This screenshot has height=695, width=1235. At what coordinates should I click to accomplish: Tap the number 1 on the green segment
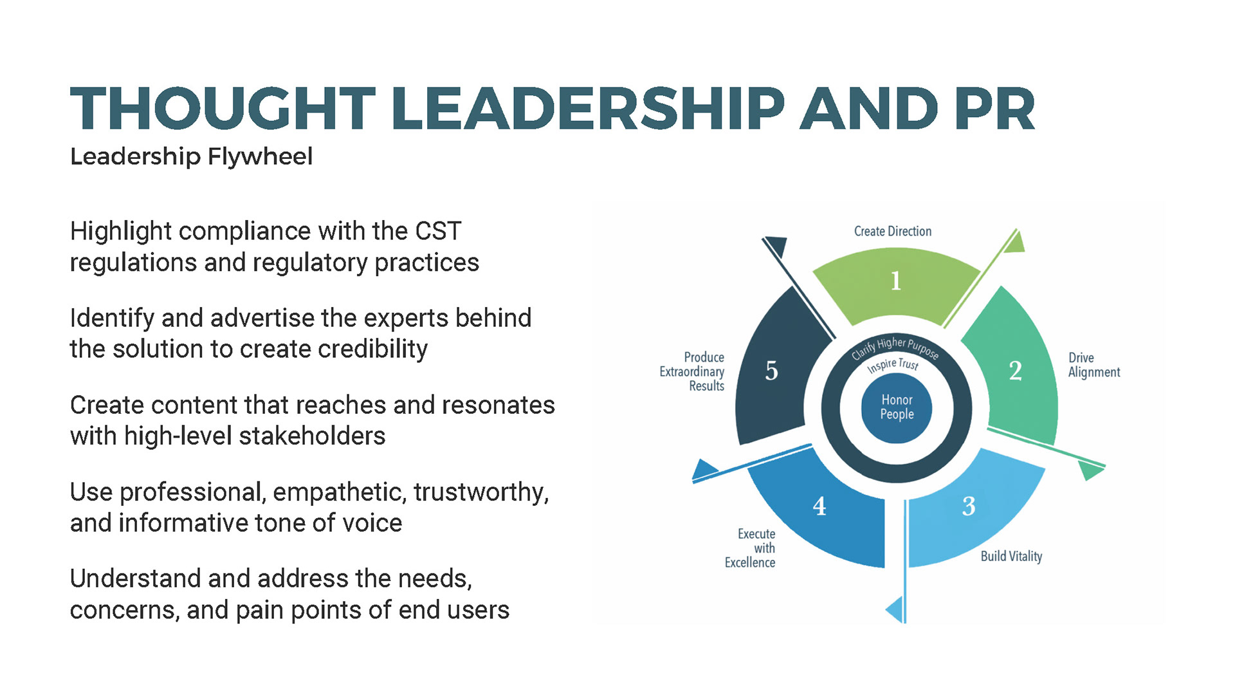[895, 281]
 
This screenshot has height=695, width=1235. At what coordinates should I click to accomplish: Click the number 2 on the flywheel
[1015, 371]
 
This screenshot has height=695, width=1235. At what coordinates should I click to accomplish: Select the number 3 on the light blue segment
[969, 506]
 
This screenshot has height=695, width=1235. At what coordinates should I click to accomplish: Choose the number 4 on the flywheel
[819, 506]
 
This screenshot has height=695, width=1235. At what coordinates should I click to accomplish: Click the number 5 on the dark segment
[771, 371]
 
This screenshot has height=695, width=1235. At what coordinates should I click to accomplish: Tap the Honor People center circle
[897, 407]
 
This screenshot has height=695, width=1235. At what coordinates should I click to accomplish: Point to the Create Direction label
[892, 232]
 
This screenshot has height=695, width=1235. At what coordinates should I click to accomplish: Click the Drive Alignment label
[1093, 365]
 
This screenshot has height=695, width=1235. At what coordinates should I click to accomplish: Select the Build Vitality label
[1011, 557]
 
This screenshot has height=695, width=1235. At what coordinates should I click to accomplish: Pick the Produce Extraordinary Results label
[693, 372]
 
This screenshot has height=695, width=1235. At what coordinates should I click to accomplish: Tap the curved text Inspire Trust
[893, 365]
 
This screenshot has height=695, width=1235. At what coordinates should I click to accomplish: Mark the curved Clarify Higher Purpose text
[895, 347]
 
